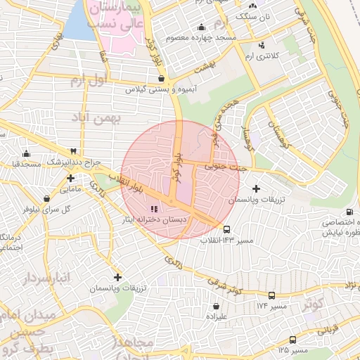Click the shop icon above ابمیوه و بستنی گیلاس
[x=162, y=79]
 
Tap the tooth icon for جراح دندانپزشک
[x=72, y=151]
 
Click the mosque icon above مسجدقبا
[x=27, y=153]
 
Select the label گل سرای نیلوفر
[x=56, y=209]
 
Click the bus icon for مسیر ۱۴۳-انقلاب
[x=226, y=229]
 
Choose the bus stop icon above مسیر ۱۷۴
[x=271, y=295]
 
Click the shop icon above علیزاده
[x=215, y=307]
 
